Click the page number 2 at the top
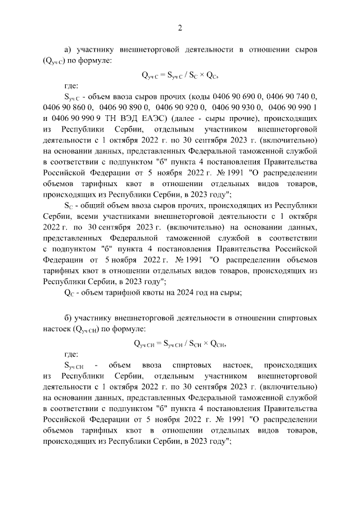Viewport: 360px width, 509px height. coord(180,29)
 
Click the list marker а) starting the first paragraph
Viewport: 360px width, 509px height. coord(68,49)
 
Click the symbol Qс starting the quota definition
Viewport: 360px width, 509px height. coord(69,292)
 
